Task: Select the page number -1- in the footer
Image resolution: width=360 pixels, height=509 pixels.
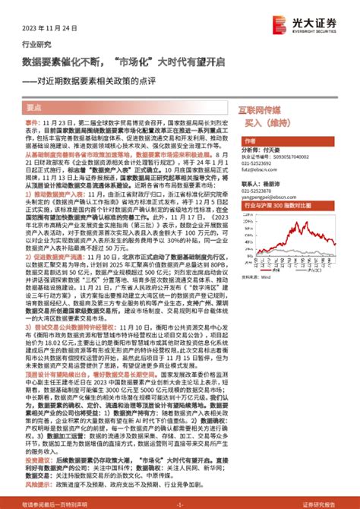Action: tap(179, 503)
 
